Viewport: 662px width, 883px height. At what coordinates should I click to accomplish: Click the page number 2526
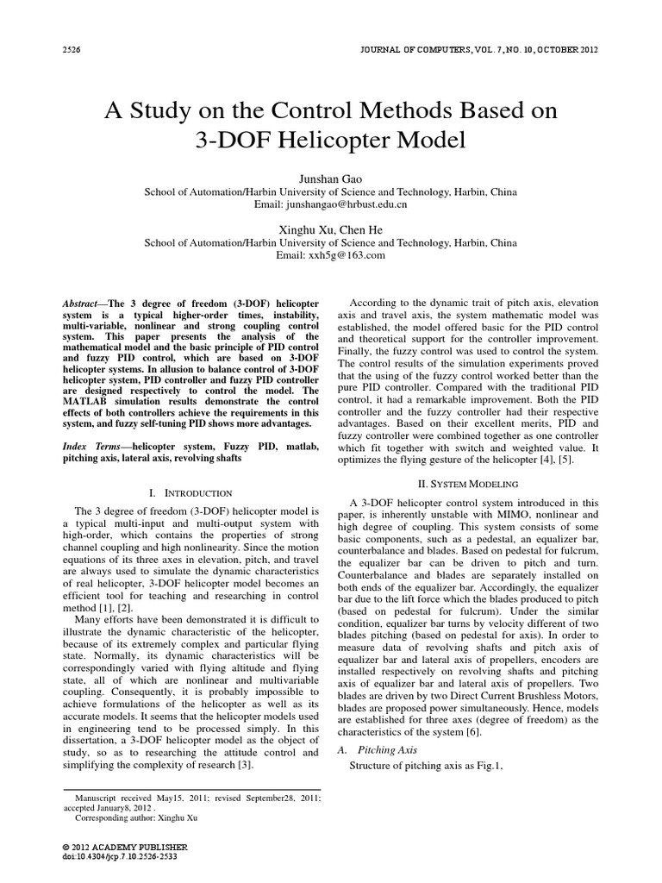pos(73,48)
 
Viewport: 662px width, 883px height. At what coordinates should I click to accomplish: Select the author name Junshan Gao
pos(330,178)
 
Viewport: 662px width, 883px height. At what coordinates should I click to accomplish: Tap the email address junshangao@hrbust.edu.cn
pos(330,205)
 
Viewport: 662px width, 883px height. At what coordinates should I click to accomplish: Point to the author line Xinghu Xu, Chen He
pos(330,229)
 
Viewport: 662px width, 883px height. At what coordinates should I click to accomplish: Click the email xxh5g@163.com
pos(330,256)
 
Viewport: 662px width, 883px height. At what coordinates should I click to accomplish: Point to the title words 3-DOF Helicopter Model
pos(330,140)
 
